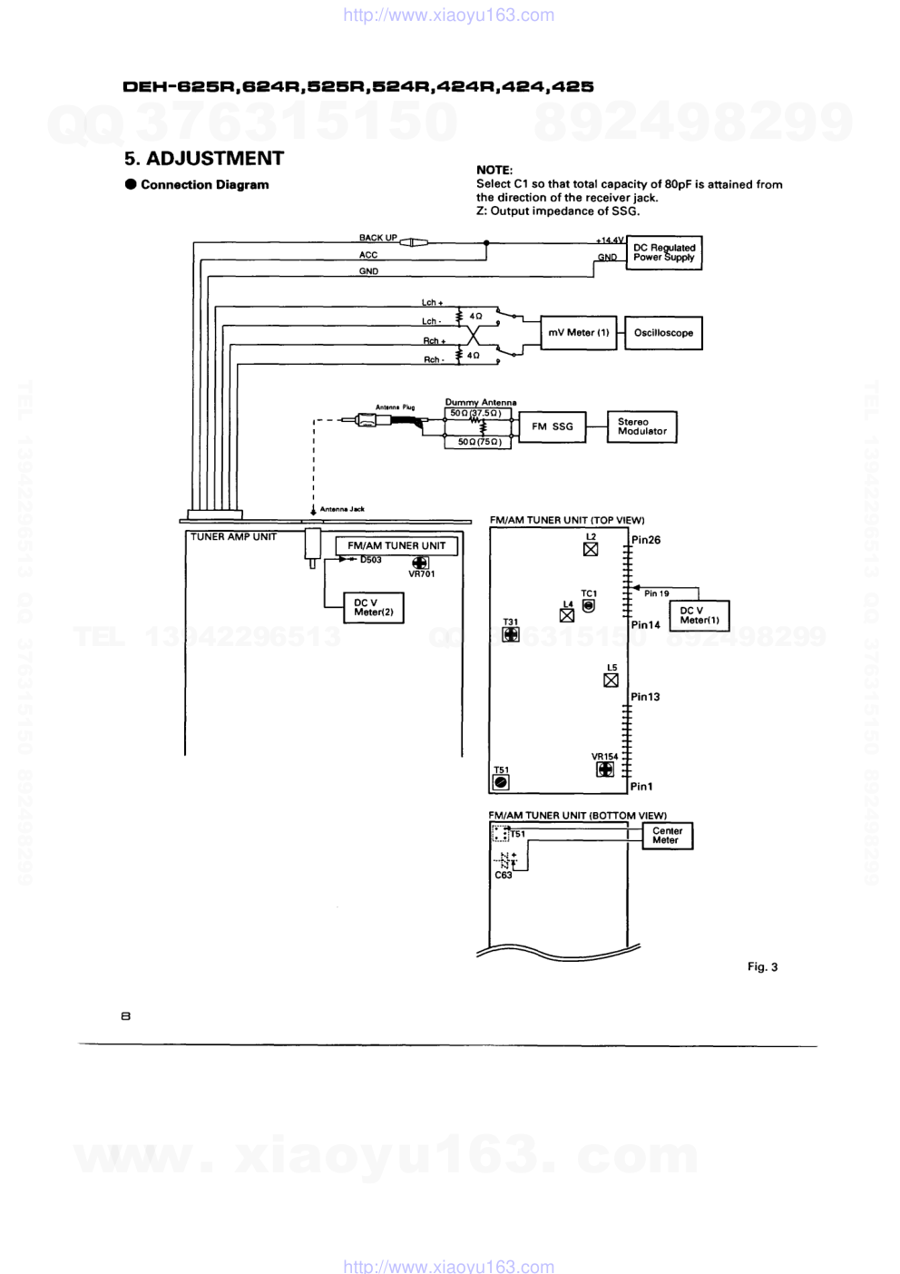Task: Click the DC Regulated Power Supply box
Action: click(x=664, y=252)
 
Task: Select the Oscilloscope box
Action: click(x=663, y=333)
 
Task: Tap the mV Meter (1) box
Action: click(x=579, y=333)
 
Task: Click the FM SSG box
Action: click(x=553, y=426)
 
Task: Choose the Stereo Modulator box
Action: click(x=642, y=426)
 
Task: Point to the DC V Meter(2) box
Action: click(x=374, y=608)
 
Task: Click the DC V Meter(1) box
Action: click(x=699, y=615)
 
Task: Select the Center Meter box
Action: click(x=667, y=836)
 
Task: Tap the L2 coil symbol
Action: click(x=591, y=549)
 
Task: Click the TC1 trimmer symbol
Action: click(x=589, y=605)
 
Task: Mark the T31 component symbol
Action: click(x=511, y=634)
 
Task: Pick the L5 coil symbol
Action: click(x=611, y=680)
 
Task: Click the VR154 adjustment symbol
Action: click(x=605, y=769)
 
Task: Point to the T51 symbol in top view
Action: click(x=501, y=781)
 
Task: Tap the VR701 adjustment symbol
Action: click(x=420, y=563)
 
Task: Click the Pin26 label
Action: click(x=646, y=540)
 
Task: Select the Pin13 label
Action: click(x=646, y=697)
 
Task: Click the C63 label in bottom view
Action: click(x=504, y=876)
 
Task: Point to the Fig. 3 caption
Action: click(x=762, y=967)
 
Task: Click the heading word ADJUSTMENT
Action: click(x=215, y=159)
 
